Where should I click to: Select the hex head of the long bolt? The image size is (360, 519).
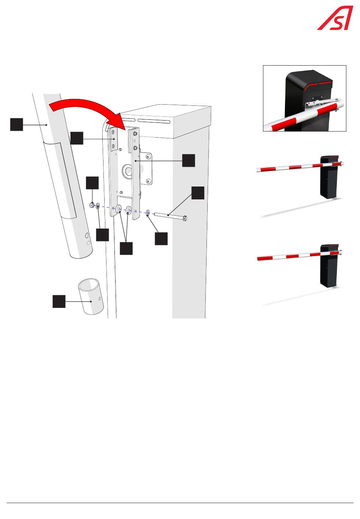(185, 218)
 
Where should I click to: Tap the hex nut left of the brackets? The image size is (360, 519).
(92, 205)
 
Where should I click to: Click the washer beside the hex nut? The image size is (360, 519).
(98, 206)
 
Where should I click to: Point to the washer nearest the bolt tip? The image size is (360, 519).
(148, 213)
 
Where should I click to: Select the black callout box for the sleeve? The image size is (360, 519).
(59, 302)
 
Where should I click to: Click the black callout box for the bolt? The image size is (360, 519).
(197, 193)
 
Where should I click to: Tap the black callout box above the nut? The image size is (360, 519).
(92, 182)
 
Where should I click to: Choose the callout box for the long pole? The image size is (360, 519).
(16, 124)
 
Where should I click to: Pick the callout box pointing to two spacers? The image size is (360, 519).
(126, 248)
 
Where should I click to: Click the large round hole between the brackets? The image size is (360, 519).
(127, 171)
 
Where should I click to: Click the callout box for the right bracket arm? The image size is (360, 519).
(188, 160)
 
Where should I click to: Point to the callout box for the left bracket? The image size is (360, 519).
(77, 138)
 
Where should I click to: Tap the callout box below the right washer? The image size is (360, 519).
(161, 238)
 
